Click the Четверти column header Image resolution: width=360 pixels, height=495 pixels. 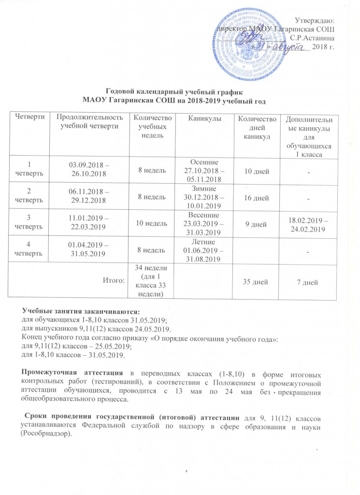[x=30, y=118]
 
